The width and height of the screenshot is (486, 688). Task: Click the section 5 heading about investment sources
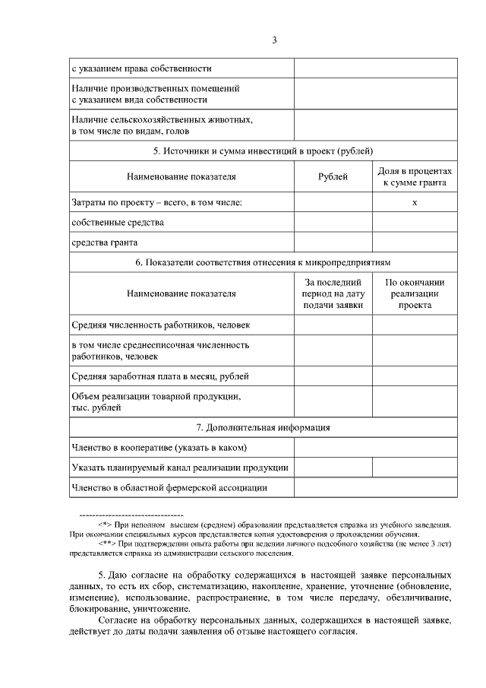(x=263, y=151)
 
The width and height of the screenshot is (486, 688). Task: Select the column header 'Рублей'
(x=333, y=177)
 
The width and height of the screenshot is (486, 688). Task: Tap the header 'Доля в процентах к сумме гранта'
(x=414, y=177)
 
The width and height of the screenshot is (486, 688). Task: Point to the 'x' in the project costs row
(x=414, y=202)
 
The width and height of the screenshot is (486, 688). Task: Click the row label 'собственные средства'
(x=118, y=223)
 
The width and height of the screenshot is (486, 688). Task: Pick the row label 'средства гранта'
(x=105, y=243)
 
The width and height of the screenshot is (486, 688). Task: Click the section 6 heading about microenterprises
(x=263, y=262)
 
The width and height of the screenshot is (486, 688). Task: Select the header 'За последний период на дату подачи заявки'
(x=333, y=293)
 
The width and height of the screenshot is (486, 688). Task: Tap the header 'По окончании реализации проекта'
(x=414, y=293)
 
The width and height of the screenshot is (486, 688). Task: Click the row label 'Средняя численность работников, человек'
(x=160, y=325)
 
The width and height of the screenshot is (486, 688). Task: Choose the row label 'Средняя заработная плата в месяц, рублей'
(x=160, y=376)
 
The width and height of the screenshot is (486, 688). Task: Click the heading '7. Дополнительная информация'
(x=263, y=427)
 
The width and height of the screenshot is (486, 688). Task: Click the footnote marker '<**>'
(x=106, y=544)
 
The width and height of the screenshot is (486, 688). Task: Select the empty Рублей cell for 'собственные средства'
(x=333, y=223)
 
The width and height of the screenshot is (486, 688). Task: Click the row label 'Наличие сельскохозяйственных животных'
(x=162, y=120)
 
